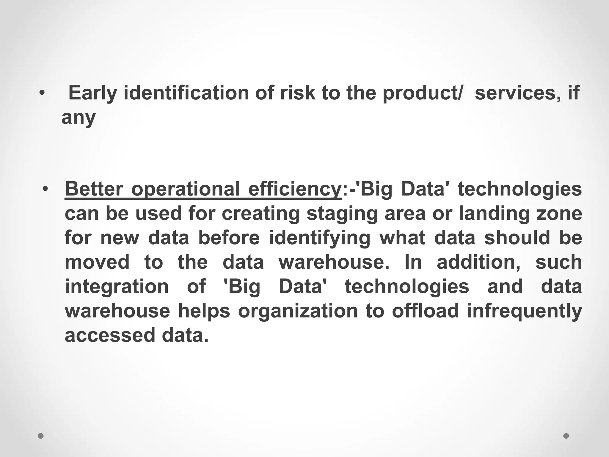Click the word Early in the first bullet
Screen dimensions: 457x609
coord(93,93)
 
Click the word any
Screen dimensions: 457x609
coord(79,118)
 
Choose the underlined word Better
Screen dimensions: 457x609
coord(94,189)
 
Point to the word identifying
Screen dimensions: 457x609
coord(320,238)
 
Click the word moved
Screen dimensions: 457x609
coord(97,262)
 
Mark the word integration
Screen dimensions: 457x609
coord(117,287)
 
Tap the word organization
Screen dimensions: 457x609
coord(298,311)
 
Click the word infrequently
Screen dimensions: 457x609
coord(524,311)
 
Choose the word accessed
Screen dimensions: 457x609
coord(110,335)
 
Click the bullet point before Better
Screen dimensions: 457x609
coord(45,189)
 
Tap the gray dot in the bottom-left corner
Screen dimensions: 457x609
coord(41,436)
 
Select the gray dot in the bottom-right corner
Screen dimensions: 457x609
coord(566,436)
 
